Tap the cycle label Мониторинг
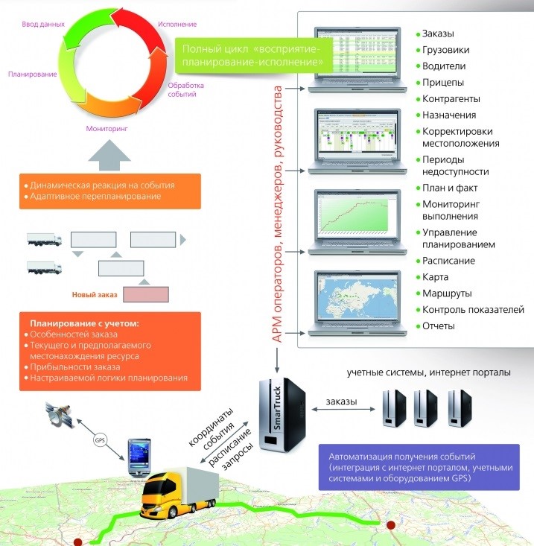click(107, 128)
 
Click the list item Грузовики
click(447, 50)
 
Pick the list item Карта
click(436, 277)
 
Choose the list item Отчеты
click(439, 326)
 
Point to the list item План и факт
click(450, 188)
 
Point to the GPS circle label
click(99, 439)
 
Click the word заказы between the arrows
click(341, 403)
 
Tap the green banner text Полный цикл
click(252, 58)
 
